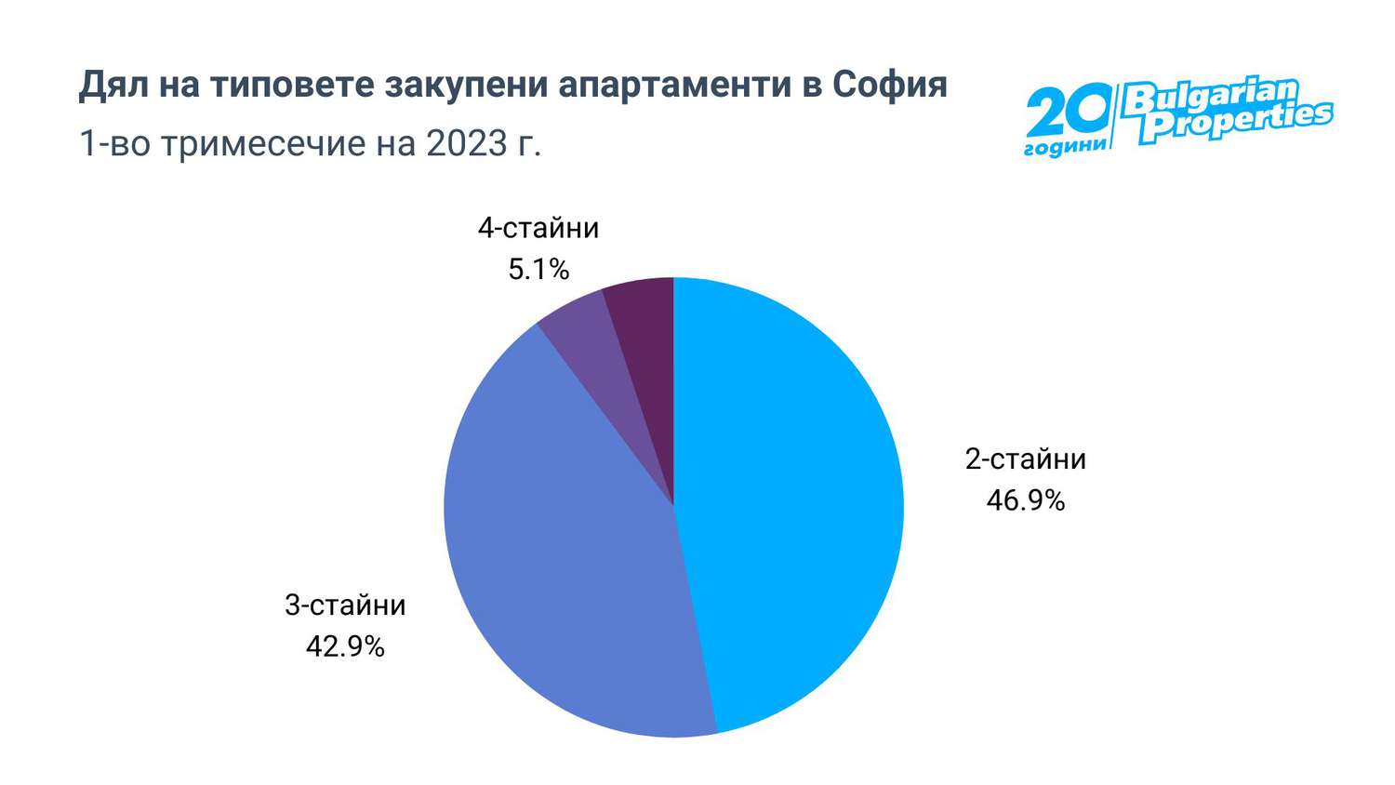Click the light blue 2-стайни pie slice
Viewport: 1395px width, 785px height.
(x=790, y=502)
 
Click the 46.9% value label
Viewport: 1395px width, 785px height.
(x=1025, y=501)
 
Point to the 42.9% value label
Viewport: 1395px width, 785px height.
(x=345, y=646)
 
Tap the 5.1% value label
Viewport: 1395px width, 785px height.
(x=538, y=270)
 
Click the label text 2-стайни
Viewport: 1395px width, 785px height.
(x=1025, y=459)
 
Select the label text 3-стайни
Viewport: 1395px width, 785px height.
(x=345, y=605)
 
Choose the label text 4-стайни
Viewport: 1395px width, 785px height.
(x=538, y=228)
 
